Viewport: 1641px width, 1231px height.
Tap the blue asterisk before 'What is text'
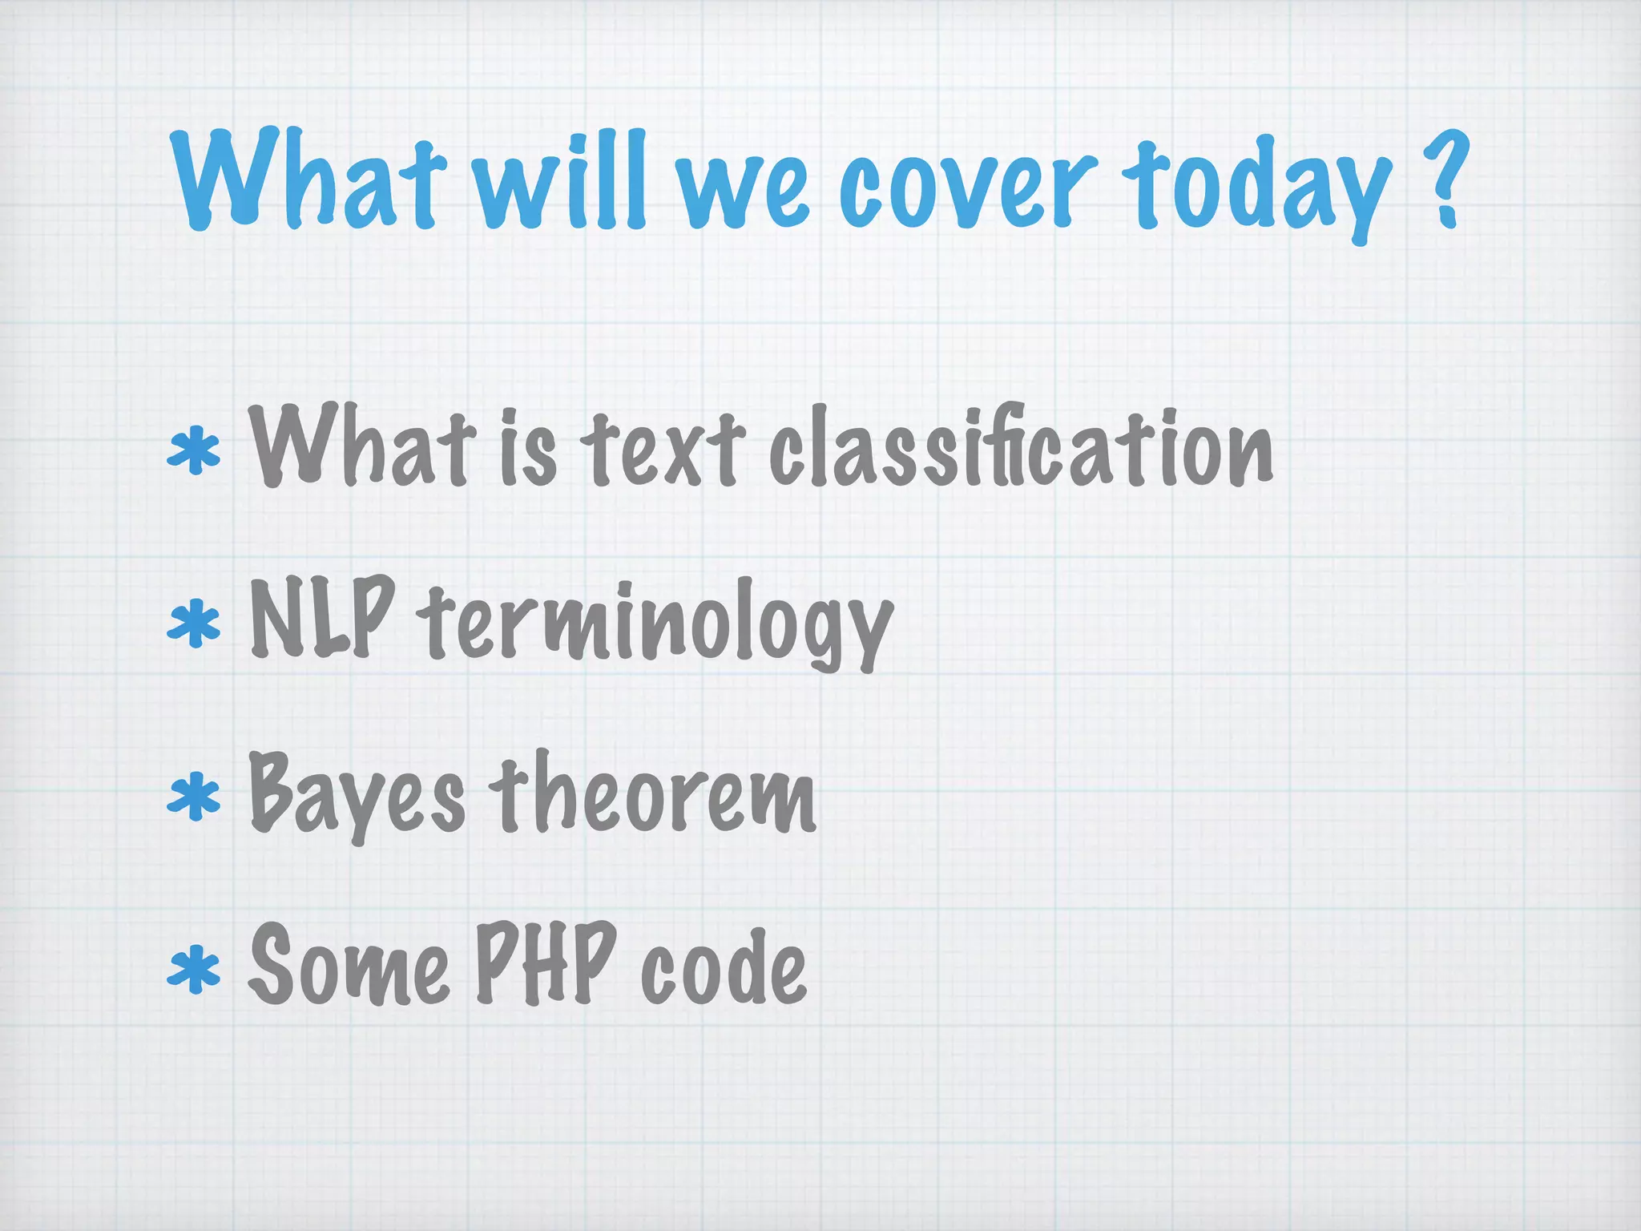(193, 453)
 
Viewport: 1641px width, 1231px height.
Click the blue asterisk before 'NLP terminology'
(193, 626)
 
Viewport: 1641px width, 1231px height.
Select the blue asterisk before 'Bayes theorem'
(193, 798)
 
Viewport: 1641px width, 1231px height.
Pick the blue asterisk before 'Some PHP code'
(193, 969)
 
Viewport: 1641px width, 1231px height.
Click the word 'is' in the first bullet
(528, 449)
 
